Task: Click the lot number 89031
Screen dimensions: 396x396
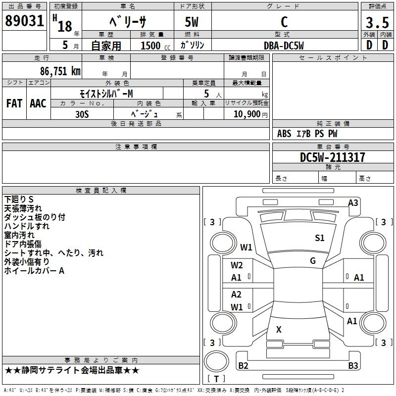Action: pos(24,21)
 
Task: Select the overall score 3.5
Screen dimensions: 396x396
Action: pos(377,22)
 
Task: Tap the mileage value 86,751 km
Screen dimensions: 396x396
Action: pos(60,71)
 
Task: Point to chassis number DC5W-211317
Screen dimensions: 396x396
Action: pos(332,157)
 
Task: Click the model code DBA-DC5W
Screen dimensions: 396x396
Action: pos(284,46)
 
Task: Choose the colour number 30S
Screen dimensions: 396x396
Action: pos(82,114)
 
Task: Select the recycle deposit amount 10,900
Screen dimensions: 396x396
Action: pos(247,114)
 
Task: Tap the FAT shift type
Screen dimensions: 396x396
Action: pos(14,103)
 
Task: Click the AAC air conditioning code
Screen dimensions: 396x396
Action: pos(38,103)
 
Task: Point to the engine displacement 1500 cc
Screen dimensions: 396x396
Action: pos(155,46)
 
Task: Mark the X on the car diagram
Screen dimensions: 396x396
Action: pos(279,329)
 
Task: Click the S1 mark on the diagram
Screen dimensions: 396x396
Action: pos(319,238)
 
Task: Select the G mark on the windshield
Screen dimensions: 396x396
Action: pos(313,260)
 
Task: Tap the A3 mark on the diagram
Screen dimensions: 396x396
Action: pos(353,203)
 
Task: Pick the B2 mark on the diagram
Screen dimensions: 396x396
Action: pos(243,365)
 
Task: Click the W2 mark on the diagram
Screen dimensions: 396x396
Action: pos(237,265)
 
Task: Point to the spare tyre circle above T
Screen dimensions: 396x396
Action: pos(216,361)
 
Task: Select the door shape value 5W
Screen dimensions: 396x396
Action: pos(192,22)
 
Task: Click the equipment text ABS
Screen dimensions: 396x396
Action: pos(284,134)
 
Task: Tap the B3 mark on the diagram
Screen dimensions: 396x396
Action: pos(353,365)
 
